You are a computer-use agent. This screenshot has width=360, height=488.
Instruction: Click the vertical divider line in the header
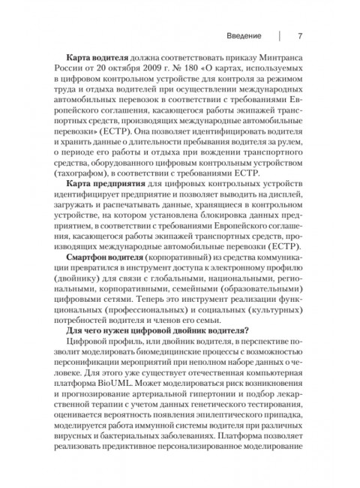point(279,36)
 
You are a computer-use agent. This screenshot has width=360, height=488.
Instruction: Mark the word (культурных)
point(275,335)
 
